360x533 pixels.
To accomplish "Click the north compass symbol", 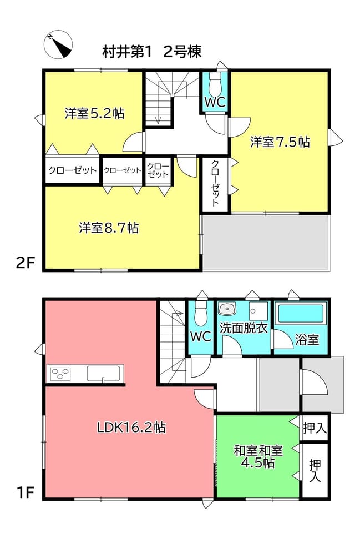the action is click(x=58, y=44).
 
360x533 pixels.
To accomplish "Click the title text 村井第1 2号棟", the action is click(x=152, y=52).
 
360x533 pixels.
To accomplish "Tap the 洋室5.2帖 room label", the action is click(x=94, y=113).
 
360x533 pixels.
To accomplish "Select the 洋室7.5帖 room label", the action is click(x=280, y=142).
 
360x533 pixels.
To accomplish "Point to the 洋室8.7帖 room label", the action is click(x=109, y=228).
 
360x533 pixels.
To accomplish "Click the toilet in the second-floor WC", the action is click(x=215, y=84).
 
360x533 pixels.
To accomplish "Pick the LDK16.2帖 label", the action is click(x=131, y=427).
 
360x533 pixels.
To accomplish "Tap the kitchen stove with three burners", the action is click(x=60, y=374).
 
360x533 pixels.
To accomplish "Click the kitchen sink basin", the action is click(x=104, y=373).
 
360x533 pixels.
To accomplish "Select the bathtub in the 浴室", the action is click(x=300, y=313).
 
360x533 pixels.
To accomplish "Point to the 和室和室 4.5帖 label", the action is click(x=258, y=456).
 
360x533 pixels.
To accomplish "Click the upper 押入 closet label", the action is click(x=315, y=428).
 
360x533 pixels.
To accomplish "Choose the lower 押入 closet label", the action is click(x=315, y=470).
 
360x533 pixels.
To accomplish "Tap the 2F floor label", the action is click(x=26, y=263).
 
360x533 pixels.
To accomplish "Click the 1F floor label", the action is click(x=26, y=492).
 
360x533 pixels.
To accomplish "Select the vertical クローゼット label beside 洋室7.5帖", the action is click(x=215, y=183).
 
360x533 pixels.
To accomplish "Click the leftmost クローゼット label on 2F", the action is click(x=72, y=170).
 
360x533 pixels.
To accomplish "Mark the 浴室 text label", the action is click(x=307, y=339).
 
